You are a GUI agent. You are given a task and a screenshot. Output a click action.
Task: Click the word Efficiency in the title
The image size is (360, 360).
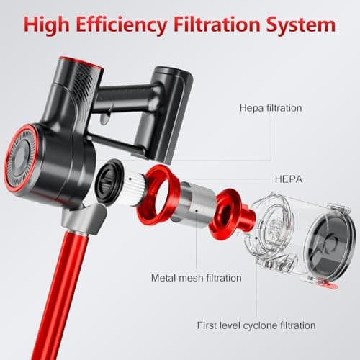point(122,25)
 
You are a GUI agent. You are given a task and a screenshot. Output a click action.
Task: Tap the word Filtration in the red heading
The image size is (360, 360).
point(217,24)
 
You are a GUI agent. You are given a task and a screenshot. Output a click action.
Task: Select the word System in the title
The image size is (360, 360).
point(301,25)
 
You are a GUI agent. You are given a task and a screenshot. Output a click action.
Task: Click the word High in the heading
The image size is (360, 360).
point(47,25)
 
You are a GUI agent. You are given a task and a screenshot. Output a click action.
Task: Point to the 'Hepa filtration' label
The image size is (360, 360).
point(271,108)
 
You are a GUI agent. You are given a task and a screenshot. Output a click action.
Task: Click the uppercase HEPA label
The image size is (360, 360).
point(289,179)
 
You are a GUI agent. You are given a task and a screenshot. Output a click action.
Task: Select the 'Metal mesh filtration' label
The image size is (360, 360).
point(197,278)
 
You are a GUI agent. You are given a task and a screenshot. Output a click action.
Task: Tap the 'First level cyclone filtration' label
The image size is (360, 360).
point(256,325)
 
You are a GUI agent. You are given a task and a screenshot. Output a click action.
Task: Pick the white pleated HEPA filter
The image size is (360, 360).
point(135,189)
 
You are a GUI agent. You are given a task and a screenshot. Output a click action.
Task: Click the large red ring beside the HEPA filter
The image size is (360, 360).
point(157,195)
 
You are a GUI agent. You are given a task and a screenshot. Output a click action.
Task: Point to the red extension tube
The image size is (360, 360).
point(59,295)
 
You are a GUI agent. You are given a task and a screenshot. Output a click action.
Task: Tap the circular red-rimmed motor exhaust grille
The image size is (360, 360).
point(21,158)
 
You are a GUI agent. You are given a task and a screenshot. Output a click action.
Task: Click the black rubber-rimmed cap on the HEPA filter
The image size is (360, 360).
point(109,182)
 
